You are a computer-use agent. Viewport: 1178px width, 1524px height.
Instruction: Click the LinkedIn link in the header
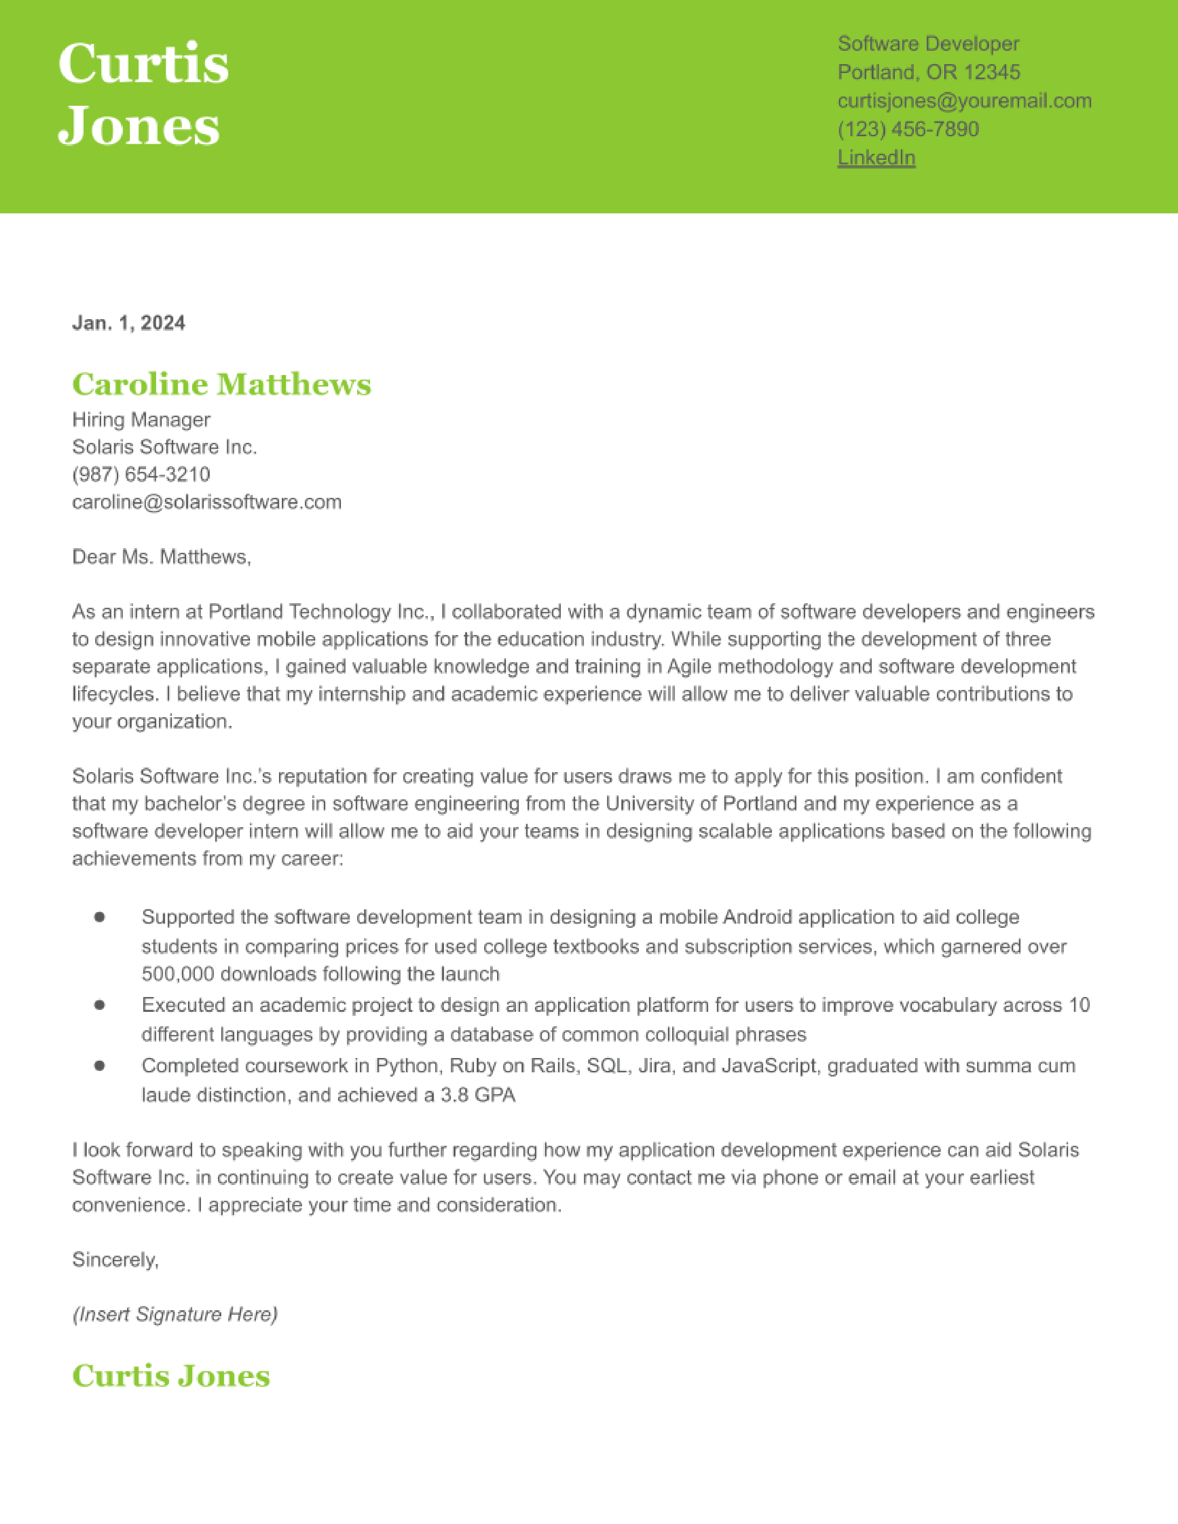(x=876, y=157)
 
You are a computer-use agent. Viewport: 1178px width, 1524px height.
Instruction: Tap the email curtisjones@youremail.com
(x=965, y=101)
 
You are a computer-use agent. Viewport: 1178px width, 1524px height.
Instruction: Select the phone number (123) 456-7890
(x=908, y=129)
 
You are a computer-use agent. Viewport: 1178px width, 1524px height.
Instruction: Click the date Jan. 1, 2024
(x=128, y=323)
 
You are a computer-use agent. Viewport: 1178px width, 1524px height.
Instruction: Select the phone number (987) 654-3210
(x=141, y=474)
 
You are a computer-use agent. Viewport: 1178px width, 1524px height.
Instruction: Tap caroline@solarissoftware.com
(x=206, y=502)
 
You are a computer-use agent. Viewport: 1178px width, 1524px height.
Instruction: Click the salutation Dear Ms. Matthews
(x=161, y=557)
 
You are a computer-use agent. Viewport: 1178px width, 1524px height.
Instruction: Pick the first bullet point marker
(x=100, y=917)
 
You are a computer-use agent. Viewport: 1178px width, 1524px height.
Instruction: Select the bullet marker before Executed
(x=100, y=1005)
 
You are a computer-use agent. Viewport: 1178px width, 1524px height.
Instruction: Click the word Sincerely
(x=115, y=1259)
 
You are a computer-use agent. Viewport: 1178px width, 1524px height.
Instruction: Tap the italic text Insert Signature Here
(x=175, y=1315)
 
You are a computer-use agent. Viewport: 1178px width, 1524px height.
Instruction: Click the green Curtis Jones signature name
(x=171, y=1376)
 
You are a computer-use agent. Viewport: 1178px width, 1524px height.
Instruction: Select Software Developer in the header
(x=928, y=44)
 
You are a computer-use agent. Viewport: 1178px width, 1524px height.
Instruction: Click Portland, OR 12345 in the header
(x=928, y=73)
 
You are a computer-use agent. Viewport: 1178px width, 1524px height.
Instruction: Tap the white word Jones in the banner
(x=139, y=127)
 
